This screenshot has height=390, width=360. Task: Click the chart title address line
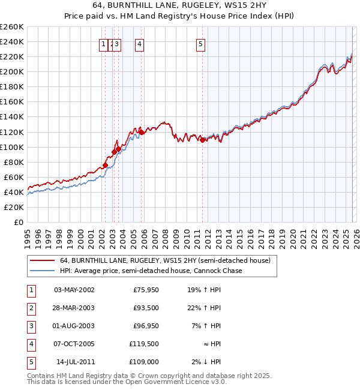coord(180,5)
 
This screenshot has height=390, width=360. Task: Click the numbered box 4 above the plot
coord(139,44)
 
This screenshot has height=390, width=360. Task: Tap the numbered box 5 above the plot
coord(200,44)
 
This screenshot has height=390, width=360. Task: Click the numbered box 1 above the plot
coord(103,44)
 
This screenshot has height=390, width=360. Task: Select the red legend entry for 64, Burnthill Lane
coord(165,260)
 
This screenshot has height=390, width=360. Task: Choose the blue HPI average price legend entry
coord(151,271)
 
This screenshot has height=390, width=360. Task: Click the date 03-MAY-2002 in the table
coord(74,290)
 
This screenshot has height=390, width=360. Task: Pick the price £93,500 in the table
coord(146,308)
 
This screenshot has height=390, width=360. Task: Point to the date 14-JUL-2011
coord(74,362)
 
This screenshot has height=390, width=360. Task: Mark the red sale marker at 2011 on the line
coord(203,140)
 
